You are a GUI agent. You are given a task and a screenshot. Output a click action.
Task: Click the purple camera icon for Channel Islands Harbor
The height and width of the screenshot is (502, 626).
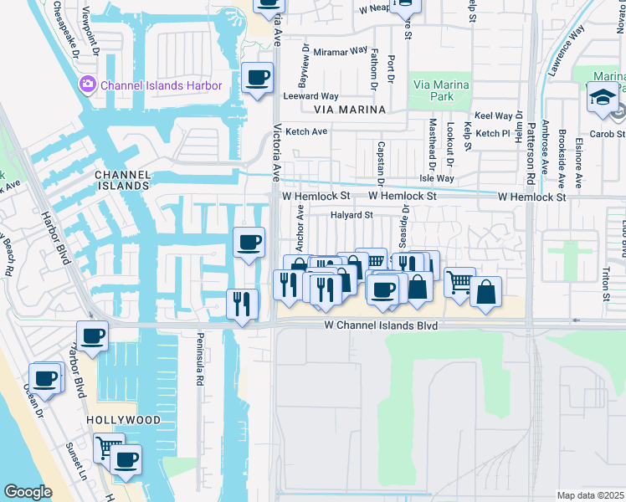click(x=87, y=85)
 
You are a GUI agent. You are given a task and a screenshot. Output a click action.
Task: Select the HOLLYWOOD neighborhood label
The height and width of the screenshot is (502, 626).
click(x=122, y=419)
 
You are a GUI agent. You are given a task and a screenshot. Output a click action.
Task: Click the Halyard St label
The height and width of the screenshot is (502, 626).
click(x=351, y=214)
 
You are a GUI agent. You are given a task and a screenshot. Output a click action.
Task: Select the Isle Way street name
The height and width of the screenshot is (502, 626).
click(x=436, y=178)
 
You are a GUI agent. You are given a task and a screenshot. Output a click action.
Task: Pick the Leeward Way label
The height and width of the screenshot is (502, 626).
click(x=311, y=96)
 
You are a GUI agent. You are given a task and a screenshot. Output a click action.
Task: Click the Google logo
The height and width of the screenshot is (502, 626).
click(x=28, y=492)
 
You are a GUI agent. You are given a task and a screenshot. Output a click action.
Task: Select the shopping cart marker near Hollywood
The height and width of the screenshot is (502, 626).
click(x=108, y=447)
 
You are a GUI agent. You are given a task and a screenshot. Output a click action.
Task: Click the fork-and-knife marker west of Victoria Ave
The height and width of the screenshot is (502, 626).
click(x=242, y=303)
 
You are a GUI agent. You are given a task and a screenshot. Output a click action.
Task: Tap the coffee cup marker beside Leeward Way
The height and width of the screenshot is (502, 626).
click(x=257, y=79)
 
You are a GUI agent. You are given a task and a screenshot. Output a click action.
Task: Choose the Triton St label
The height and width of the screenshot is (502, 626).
click(x=605, y=285)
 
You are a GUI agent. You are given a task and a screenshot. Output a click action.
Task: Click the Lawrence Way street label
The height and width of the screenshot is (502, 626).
click(x=567, y=52)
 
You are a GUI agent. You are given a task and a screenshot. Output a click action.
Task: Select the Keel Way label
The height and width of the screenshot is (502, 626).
click(x=494, y=116)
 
